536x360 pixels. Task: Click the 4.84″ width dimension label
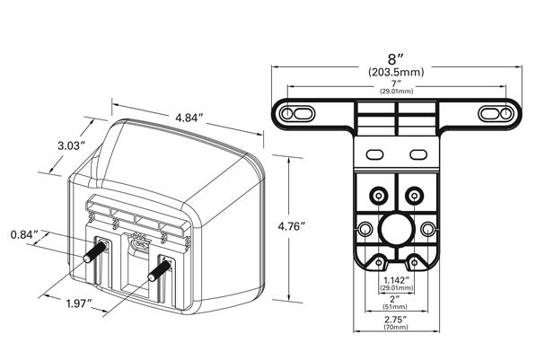click(x=189, y=118)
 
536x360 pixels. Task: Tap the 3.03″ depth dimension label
click(x=71, y=145)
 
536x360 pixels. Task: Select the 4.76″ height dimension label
click(x=291, y=226)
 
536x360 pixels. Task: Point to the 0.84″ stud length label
click(x=24, y=235)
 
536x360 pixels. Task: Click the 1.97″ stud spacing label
click(x=79, y=303)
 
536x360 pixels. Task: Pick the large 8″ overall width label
click(x=396, y=59)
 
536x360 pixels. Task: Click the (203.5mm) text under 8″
click(x=396, y=72)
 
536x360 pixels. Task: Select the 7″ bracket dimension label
click(x=396, y=83)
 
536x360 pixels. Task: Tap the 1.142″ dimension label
click(x=396, y=280)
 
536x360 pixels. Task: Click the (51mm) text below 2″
click(x=395, y=306)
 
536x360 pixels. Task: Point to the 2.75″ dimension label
click(x=396, y=320)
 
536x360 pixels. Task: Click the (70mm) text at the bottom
click(x=396, y=327)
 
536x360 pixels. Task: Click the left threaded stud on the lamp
click(x=94, y=251)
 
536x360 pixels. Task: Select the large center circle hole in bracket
click(x=396, y=229)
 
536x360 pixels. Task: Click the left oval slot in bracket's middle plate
click(x=374, y=154)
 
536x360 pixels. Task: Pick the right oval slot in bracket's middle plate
click(x=418, y=154)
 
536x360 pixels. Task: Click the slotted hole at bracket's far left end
click(x=296, y=113)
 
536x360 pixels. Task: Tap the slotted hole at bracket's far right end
click(x=496, y=113)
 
